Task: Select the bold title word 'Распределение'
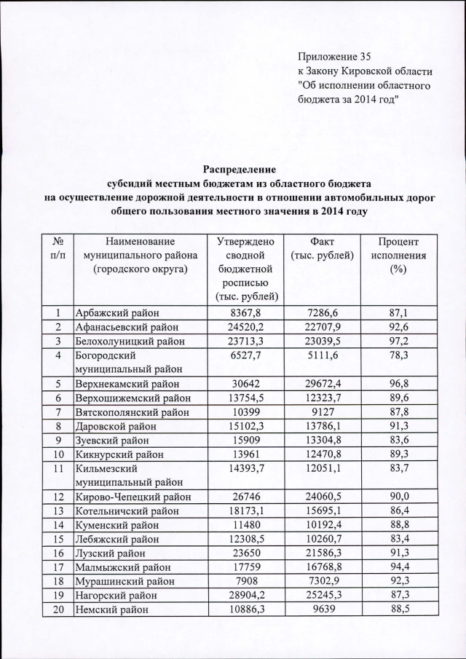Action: [233, 168]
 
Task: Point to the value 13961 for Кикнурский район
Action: [250, 454]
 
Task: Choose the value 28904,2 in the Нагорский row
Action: [250, 596]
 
